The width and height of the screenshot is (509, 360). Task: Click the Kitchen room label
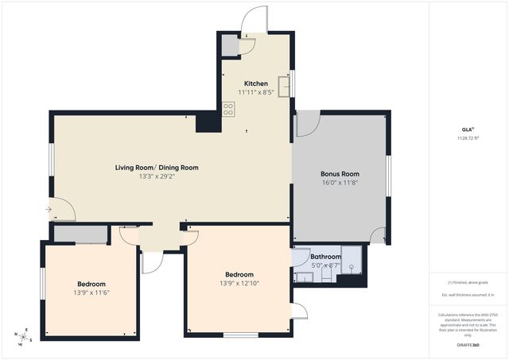(x=255, y=83)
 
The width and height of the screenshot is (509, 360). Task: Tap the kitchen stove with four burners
(x=228, y=110)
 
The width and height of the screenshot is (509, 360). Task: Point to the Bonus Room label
(x=340, y=173)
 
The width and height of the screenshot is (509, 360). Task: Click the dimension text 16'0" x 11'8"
(x=340, y=183)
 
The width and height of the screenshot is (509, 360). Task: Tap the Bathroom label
(x=325, y=257)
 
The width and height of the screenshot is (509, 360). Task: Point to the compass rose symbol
(x=25, y=336)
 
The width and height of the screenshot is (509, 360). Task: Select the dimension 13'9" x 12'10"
(x=239, y=283)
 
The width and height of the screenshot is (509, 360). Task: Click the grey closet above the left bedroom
(x=80, y=234)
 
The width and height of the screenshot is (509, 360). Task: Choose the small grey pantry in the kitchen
(x=230, y=46)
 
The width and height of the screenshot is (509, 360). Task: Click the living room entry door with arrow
(x=60, y=210)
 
